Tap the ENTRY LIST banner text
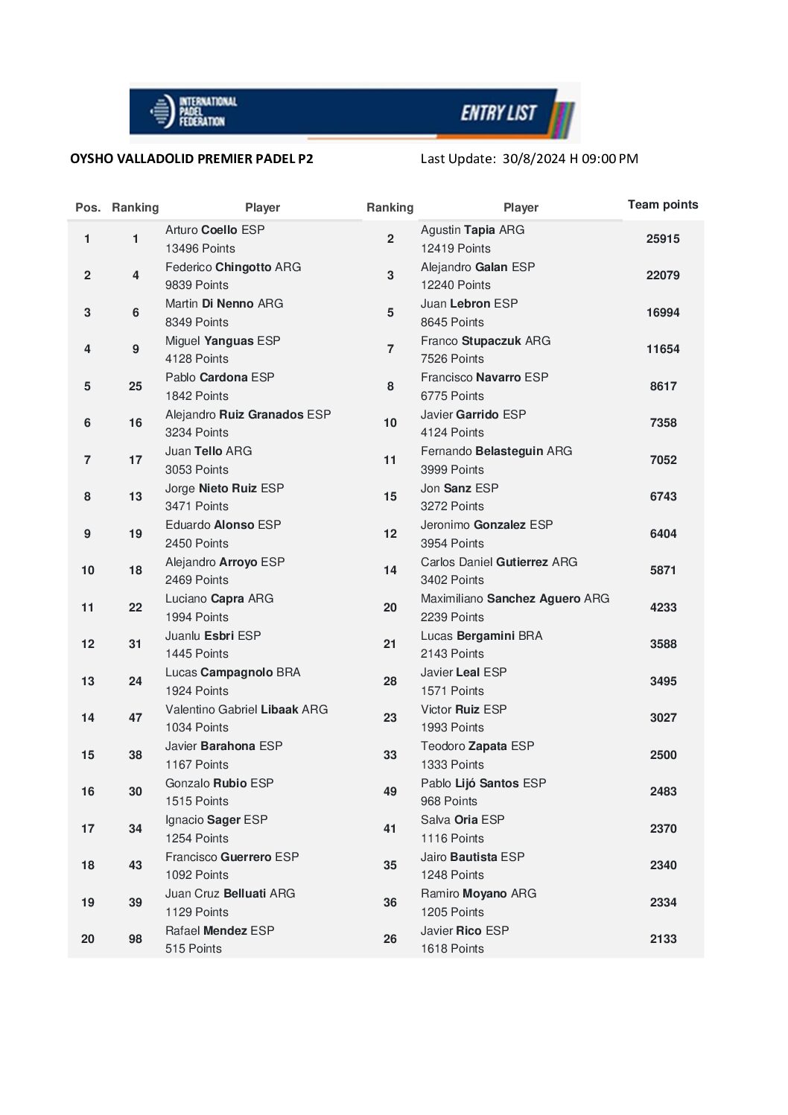pyautogui.click(x=498, y=113)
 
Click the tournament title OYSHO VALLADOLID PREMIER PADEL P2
pyautogui.click(x=191, y=159)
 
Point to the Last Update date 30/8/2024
pyautogui.click(x=533, y=159)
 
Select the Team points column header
pyautogui.click(x=663, y=205)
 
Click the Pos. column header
pyautogui.click(x=88, y=208)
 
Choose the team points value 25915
pyautogui.click(x=663, y=239)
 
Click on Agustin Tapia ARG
pyautogui.click(x=472, y=230)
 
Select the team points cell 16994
pyautogui.click(x=663, y=313)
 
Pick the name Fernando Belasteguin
pyautogui.click(x=496, y=451)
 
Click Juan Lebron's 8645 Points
pyautogui.click(x=452, y=323)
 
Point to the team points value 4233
pyautogui.click(x=663, y=608)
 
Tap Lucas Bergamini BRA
pyautogui.click(x=481, y=636)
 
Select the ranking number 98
pyautogui.click(x=135, y=939)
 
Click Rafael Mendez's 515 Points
pyautogui.click(x=194, y=949)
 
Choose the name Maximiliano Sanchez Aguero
pyautogui.click(x=515, y=599)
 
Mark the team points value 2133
pyautogui.click(x=663, y=939)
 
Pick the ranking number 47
pyautogui.click(x=135, y=718)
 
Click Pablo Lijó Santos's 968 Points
pyautogui.click(x=449, y=801)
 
